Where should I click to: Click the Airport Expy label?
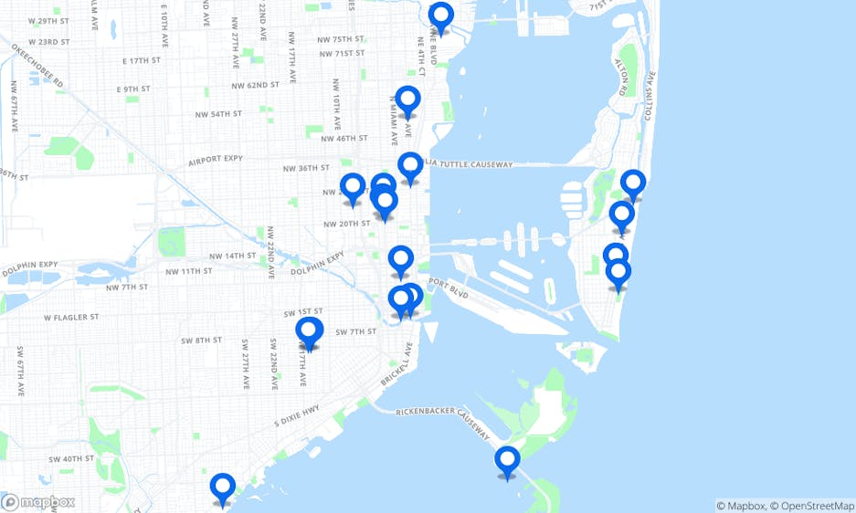click(x=215, y=159)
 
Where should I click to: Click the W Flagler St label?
click(x=69, y=318)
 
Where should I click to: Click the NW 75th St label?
click(x=334, y=39)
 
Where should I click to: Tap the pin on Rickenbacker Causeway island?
click(x=507, y=461)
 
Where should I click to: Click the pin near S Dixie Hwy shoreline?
click(x=222, y=488)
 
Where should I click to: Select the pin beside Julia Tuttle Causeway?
click(x=410, y=167)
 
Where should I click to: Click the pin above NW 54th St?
click(x=407, y=100)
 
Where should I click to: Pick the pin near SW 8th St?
click(x=309, y=332)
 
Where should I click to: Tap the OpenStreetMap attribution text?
click(x=812, y=506)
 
